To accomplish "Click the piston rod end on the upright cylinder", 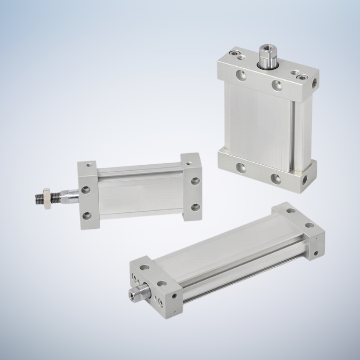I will pos(266,53).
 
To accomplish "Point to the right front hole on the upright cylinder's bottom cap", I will pos(275,178).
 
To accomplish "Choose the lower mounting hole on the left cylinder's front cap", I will pos(85,216).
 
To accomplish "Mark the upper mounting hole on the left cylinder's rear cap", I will pos(195,181).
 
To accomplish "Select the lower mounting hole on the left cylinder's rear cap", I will pos(195,207).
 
